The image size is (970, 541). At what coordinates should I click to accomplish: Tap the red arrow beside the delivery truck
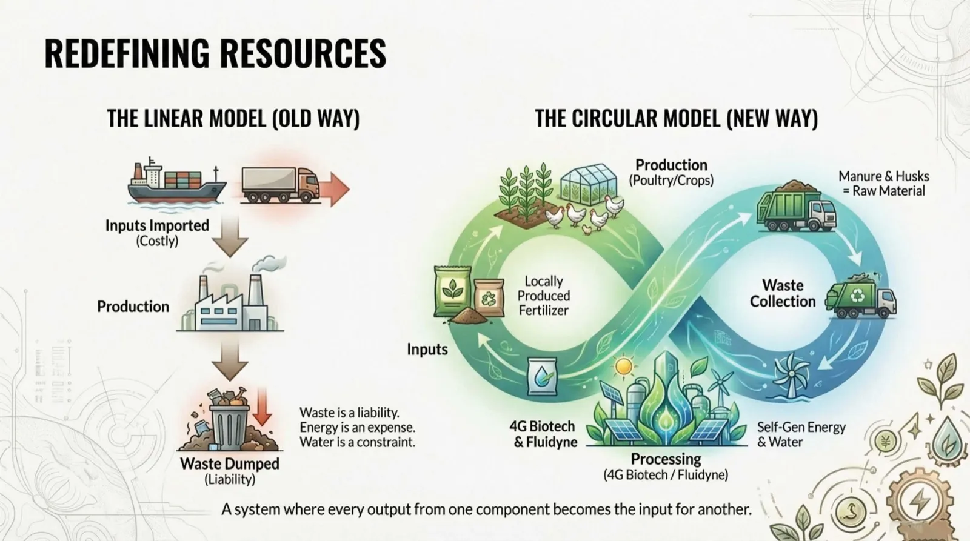tap(335, 188)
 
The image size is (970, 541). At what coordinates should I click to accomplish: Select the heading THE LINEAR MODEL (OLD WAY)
tap(233, 118)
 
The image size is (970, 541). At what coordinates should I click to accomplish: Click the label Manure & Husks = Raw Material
tap(883, 184)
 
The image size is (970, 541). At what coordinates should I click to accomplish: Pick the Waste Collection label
tap(782, 293)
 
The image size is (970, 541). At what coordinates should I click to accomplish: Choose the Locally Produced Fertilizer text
tap(544, 296)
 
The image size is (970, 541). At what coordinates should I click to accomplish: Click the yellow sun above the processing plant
tap(623, 367)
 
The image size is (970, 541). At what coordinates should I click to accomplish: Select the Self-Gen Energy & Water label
tap(800, 434)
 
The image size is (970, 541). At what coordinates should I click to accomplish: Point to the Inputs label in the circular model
tap(427, 350)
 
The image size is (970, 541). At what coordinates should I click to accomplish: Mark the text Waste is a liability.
tap(349, 413)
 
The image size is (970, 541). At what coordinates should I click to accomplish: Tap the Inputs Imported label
tap(157, 225)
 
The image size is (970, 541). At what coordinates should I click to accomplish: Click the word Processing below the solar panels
tap(666, 459)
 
